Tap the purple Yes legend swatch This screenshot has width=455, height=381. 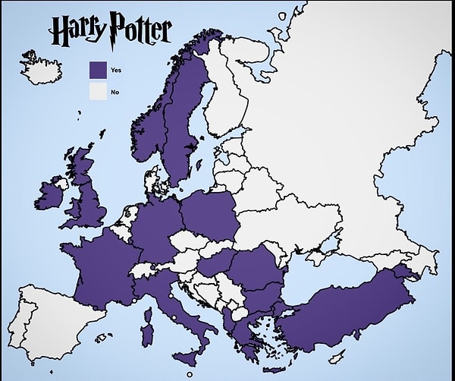99,71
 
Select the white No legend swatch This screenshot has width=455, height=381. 99,93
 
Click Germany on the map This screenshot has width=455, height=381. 155,228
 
